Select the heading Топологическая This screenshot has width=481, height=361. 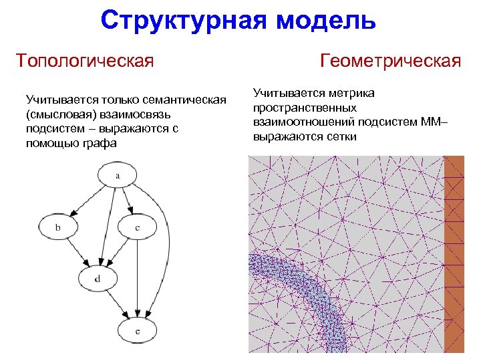[86, 61]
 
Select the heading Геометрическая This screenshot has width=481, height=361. [391, 61]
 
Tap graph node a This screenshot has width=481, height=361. [118, 176]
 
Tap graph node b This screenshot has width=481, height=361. [57, 228]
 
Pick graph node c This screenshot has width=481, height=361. [137, 228]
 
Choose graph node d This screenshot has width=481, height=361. [98, 278]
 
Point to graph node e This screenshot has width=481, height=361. [137, 330]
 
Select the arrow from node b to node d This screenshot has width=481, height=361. [77, 253]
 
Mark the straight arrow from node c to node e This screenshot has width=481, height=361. [137, 277]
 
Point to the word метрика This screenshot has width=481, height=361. [351, 94]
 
